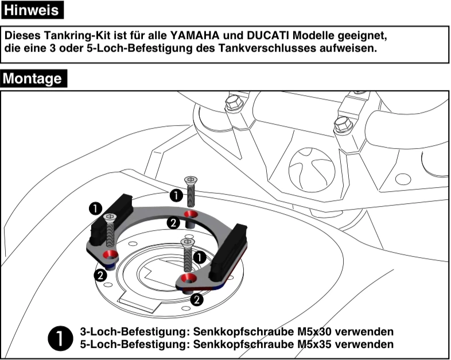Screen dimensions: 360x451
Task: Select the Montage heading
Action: pyautogui.click(x=34, y=78)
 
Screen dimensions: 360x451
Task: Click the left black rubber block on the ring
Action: pyautogui.click(x=108, y=219)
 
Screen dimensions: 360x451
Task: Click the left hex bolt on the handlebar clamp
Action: pyautogui.click(x=232, y=103)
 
